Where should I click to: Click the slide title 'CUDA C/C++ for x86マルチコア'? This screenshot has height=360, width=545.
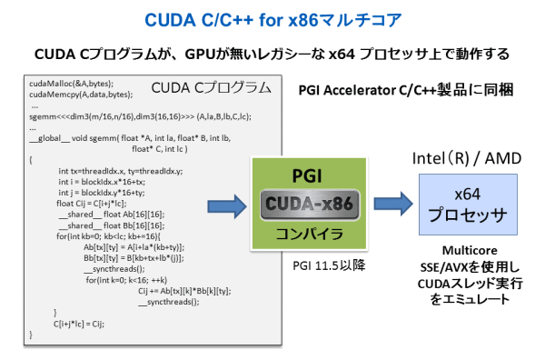pyautogui.click(x=272, y=19)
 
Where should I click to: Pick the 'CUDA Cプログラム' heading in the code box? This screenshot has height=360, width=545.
pyautogui.click(x=210, y=88)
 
